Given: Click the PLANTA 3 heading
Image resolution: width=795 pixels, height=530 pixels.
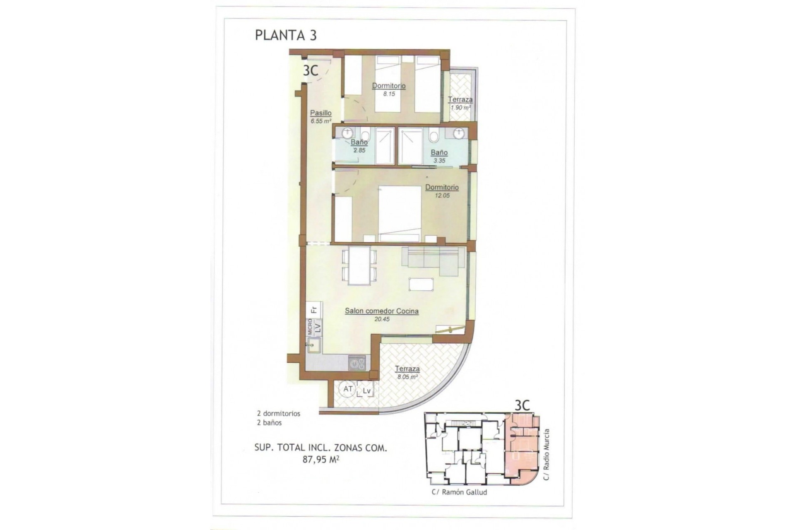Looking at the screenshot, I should click(286, 35).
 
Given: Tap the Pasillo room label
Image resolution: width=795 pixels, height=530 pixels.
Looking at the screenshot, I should click(321, 113).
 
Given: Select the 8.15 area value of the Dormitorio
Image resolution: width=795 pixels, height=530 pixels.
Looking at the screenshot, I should click(389, 94).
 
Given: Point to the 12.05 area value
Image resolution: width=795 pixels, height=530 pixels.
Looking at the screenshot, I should click(442, 195).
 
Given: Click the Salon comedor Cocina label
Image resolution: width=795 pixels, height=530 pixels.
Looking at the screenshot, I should click(381, 311).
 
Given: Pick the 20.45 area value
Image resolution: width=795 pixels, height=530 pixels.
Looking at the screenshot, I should click(382, 319).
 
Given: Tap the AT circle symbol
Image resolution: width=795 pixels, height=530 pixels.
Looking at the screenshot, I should click(348, 389).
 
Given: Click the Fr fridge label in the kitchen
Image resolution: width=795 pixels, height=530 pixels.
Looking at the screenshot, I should click(314, 309).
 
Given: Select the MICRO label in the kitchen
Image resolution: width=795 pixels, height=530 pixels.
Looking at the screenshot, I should click(309, 327).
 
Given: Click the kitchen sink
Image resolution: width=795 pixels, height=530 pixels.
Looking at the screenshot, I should click(313, 345).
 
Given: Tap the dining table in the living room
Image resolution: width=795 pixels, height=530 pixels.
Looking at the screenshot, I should click(359, 265).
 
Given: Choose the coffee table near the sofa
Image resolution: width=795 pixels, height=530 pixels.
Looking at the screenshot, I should click(421, 284).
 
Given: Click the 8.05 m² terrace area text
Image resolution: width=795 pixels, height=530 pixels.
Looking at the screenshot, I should click(407, 377).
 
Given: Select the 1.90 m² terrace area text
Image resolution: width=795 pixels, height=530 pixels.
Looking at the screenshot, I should click(460, 108).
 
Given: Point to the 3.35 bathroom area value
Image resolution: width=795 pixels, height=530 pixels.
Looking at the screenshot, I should click(439, 161).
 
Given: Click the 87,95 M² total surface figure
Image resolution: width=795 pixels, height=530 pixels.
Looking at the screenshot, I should click(321, 459).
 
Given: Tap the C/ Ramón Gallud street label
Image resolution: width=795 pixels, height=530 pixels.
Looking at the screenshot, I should click(459, 492).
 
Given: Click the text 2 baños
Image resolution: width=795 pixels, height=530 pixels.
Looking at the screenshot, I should click(269, 423).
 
